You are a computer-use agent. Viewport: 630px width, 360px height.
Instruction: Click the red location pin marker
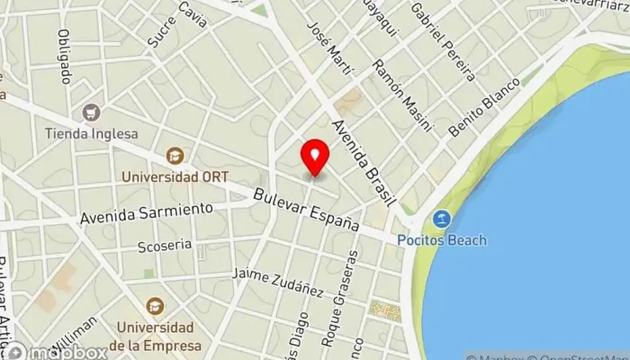pyautogui.click(x=315, y=157)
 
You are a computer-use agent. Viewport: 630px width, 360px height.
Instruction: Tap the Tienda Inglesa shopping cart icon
pyautogui.click(x=91, y=113)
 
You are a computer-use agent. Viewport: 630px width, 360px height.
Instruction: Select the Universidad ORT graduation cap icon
pyautogui.click(x=175, y=157)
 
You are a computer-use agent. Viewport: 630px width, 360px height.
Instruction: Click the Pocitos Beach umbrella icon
pyautogui.click(x=441, y=219)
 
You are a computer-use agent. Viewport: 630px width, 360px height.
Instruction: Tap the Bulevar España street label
pyautogui.click(x=306, y=210)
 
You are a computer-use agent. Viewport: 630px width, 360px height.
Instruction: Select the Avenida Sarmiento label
pyautogui.click(x=147, y=213)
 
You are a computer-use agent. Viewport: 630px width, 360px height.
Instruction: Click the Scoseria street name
pyautogui.click(x=165, y=245)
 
